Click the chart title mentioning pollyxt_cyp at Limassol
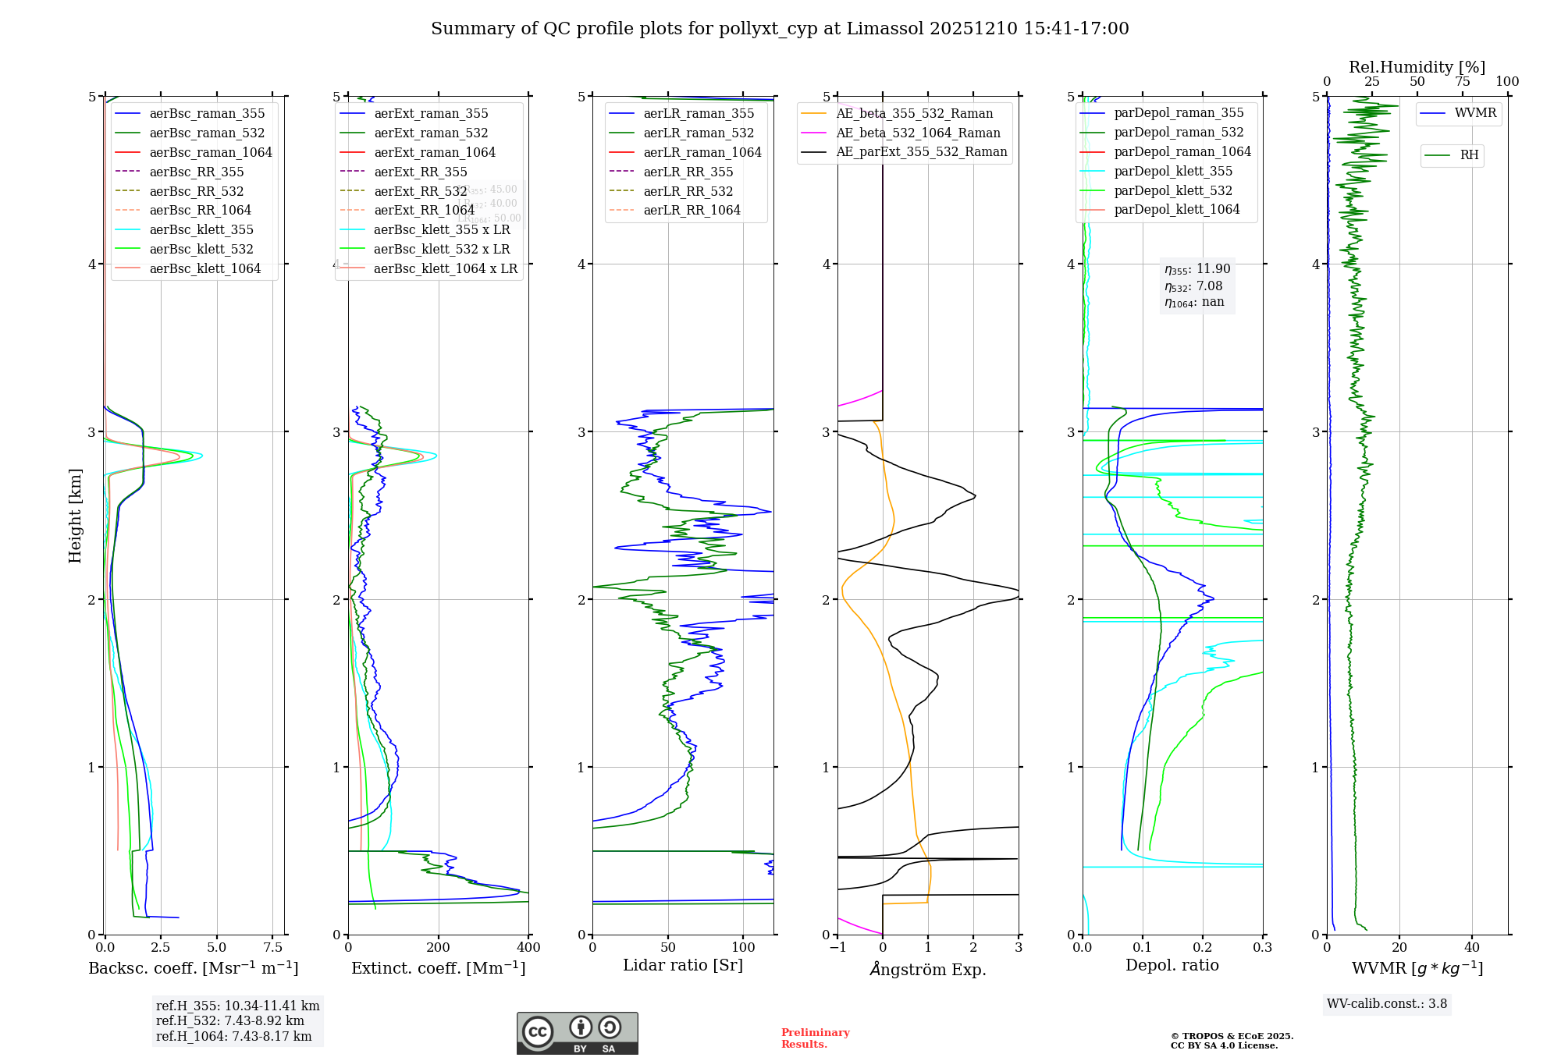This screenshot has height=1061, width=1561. pos(780,29)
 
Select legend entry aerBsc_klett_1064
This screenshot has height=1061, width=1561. pos(204,268)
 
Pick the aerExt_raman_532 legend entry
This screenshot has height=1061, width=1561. pos(431,133)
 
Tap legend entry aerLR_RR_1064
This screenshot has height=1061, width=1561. pos(692,210)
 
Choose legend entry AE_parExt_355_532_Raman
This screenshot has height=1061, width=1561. pos(921,151)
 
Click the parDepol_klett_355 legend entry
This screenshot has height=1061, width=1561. pos(1173,171)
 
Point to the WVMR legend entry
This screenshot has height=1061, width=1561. pos(1475,113)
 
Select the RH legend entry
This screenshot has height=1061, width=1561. pos(1469,155)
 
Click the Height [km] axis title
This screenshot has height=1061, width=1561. pos(75,515)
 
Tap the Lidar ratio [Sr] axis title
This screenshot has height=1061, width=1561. pos(683,965)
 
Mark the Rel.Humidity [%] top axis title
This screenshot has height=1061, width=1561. pos(1417,67)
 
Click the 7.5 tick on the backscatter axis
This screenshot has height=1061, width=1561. pos(272,947)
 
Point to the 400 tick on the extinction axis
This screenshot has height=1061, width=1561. pos(528,947)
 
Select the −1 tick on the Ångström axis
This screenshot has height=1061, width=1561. pos(837,947)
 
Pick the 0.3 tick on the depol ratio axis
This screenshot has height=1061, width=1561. pos(1262,947)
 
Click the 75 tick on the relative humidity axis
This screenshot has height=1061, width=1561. pos(1463,82)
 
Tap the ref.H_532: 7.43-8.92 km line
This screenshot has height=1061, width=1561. pos(229,1020)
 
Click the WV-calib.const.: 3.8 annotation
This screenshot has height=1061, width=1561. pos(1387,1003)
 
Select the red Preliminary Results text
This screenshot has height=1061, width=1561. pos(815,1038)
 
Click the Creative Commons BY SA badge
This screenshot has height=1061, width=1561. pos(577,1033)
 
